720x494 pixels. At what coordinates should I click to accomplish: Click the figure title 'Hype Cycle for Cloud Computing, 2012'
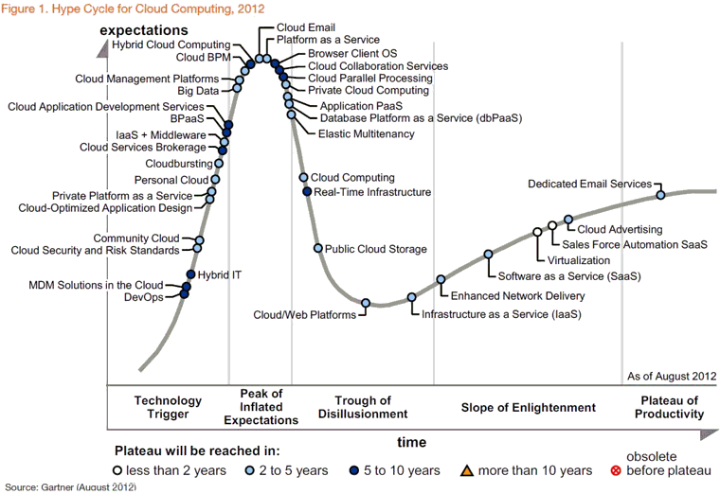point(114,9)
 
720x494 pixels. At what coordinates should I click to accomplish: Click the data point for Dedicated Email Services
point(660,195)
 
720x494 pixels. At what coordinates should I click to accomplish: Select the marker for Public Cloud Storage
point(318,248)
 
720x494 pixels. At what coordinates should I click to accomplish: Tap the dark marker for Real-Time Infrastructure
point(307,192)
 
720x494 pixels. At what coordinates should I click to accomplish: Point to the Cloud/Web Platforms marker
point(366,303)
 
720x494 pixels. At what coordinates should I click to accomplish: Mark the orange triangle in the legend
point(466,470)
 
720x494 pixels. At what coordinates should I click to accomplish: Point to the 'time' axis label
point(411,442)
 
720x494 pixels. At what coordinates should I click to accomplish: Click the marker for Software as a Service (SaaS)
point(489,254)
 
